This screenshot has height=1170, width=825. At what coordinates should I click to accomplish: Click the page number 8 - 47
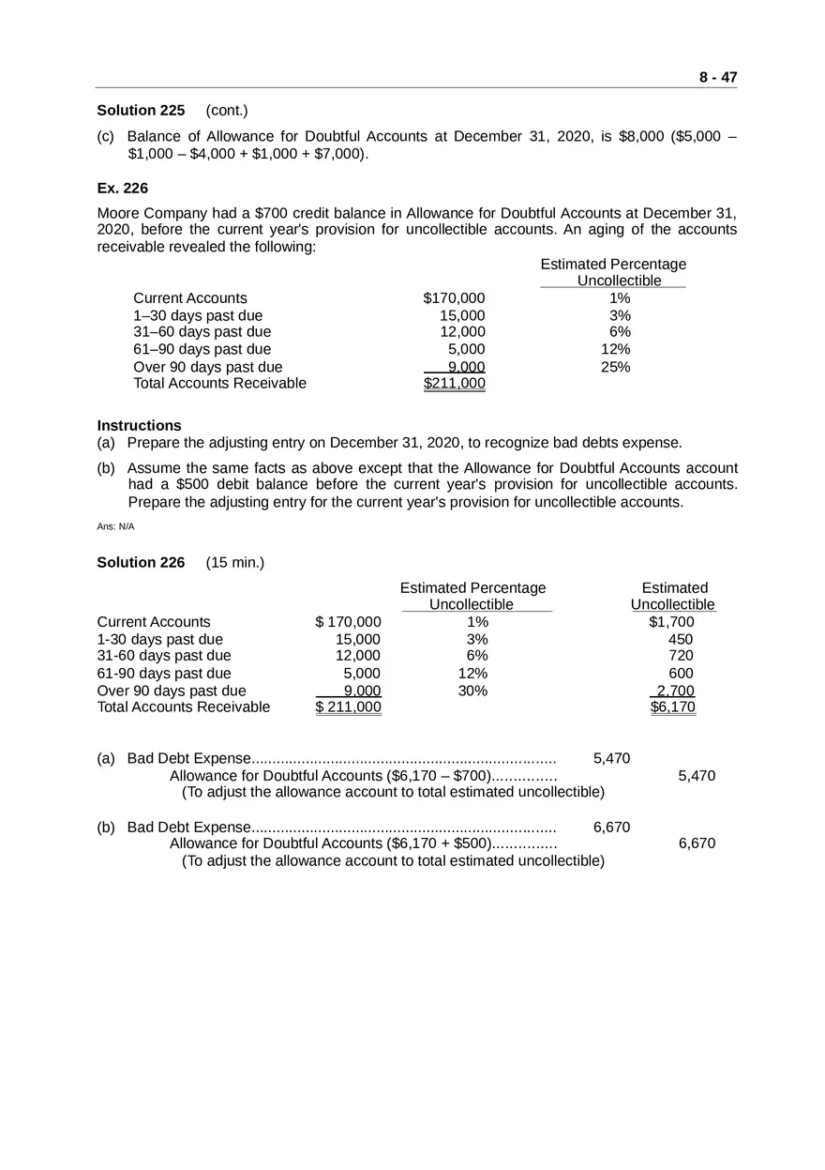[717, 78]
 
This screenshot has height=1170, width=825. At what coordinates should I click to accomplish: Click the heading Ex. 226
[122, 188]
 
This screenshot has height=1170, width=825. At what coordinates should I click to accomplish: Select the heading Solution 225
[141, 111]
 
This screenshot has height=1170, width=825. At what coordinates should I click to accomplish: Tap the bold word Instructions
[139, 425]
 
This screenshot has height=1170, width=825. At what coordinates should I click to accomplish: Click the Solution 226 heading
[141, 562]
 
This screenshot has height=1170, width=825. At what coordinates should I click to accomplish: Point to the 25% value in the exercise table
[615, 367]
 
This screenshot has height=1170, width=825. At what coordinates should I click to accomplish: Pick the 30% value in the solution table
[472, 691]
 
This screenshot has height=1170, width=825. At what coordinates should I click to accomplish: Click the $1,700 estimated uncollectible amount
[671, 622]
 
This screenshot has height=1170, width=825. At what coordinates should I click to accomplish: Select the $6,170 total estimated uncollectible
[673, 707]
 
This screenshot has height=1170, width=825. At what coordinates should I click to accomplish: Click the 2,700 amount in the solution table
[675, 691]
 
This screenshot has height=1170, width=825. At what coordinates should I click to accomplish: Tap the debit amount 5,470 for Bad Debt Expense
[611, 758]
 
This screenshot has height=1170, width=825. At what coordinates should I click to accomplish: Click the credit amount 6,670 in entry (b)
[697, 843]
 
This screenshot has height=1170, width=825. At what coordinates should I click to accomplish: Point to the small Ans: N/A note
[116, 526]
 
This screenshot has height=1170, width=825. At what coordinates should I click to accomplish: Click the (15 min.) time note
[234, 562]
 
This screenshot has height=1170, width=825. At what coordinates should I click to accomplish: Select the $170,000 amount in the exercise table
[454, 298]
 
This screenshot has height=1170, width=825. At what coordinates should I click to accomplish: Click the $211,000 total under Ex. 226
[454, 383]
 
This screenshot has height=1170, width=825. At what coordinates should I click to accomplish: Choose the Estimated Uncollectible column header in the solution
[673, 596]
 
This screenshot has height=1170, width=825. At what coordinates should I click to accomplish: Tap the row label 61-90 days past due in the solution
[164, 673]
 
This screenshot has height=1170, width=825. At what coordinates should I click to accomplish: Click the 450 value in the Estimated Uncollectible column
[681, 639]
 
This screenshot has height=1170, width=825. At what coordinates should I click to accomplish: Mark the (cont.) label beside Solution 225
[227, 111]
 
